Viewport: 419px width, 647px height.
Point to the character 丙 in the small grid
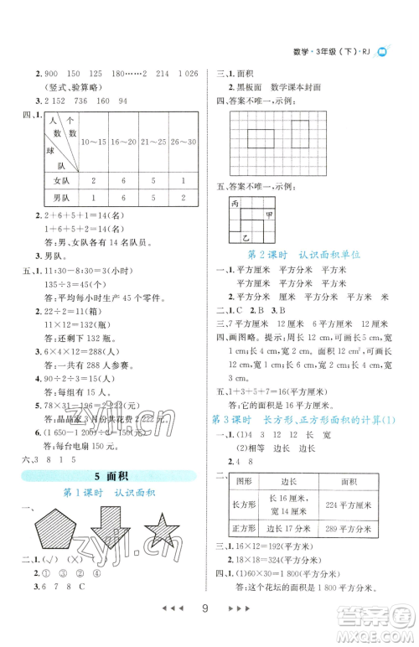click(x=234, y=204)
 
